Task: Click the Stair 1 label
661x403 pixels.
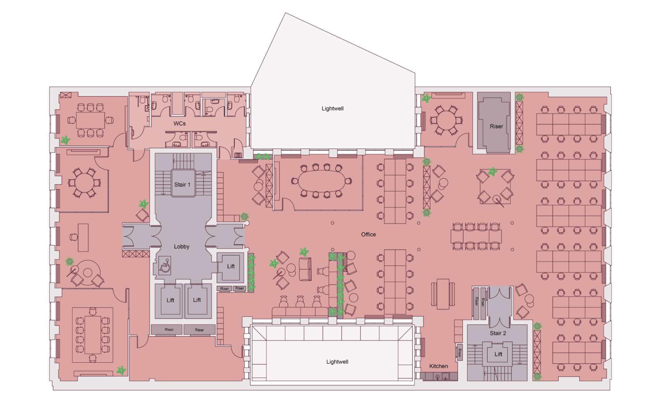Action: point(182,184)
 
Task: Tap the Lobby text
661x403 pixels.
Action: point(181,246)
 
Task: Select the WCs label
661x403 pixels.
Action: point(179,123)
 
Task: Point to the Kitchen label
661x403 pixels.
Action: point(438,366)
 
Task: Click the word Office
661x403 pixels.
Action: point(368,234)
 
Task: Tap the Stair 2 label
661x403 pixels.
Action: point(498,333)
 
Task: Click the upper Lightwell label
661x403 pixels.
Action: point(332,108)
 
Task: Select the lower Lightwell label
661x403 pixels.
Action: point(337,362)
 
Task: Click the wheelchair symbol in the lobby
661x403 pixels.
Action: point(165,266)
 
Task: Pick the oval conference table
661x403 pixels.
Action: point(322,181)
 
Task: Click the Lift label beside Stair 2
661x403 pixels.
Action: point(498,354)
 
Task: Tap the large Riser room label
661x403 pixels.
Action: point(496,126)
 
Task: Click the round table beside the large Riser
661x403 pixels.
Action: point(446,120)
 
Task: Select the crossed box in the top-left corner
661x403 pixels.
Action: point(65,95)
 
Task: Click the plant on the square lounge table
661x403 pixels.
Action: point(493,171)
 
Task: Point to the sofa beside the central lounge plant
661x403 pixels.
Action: point(305,269)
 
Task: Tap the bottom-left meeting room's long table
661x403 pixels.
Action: point(93,335)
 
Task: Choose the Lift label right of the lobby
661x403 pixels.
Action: point(231,266)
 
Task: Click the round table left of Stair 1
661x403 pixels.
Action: point(84,182)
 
